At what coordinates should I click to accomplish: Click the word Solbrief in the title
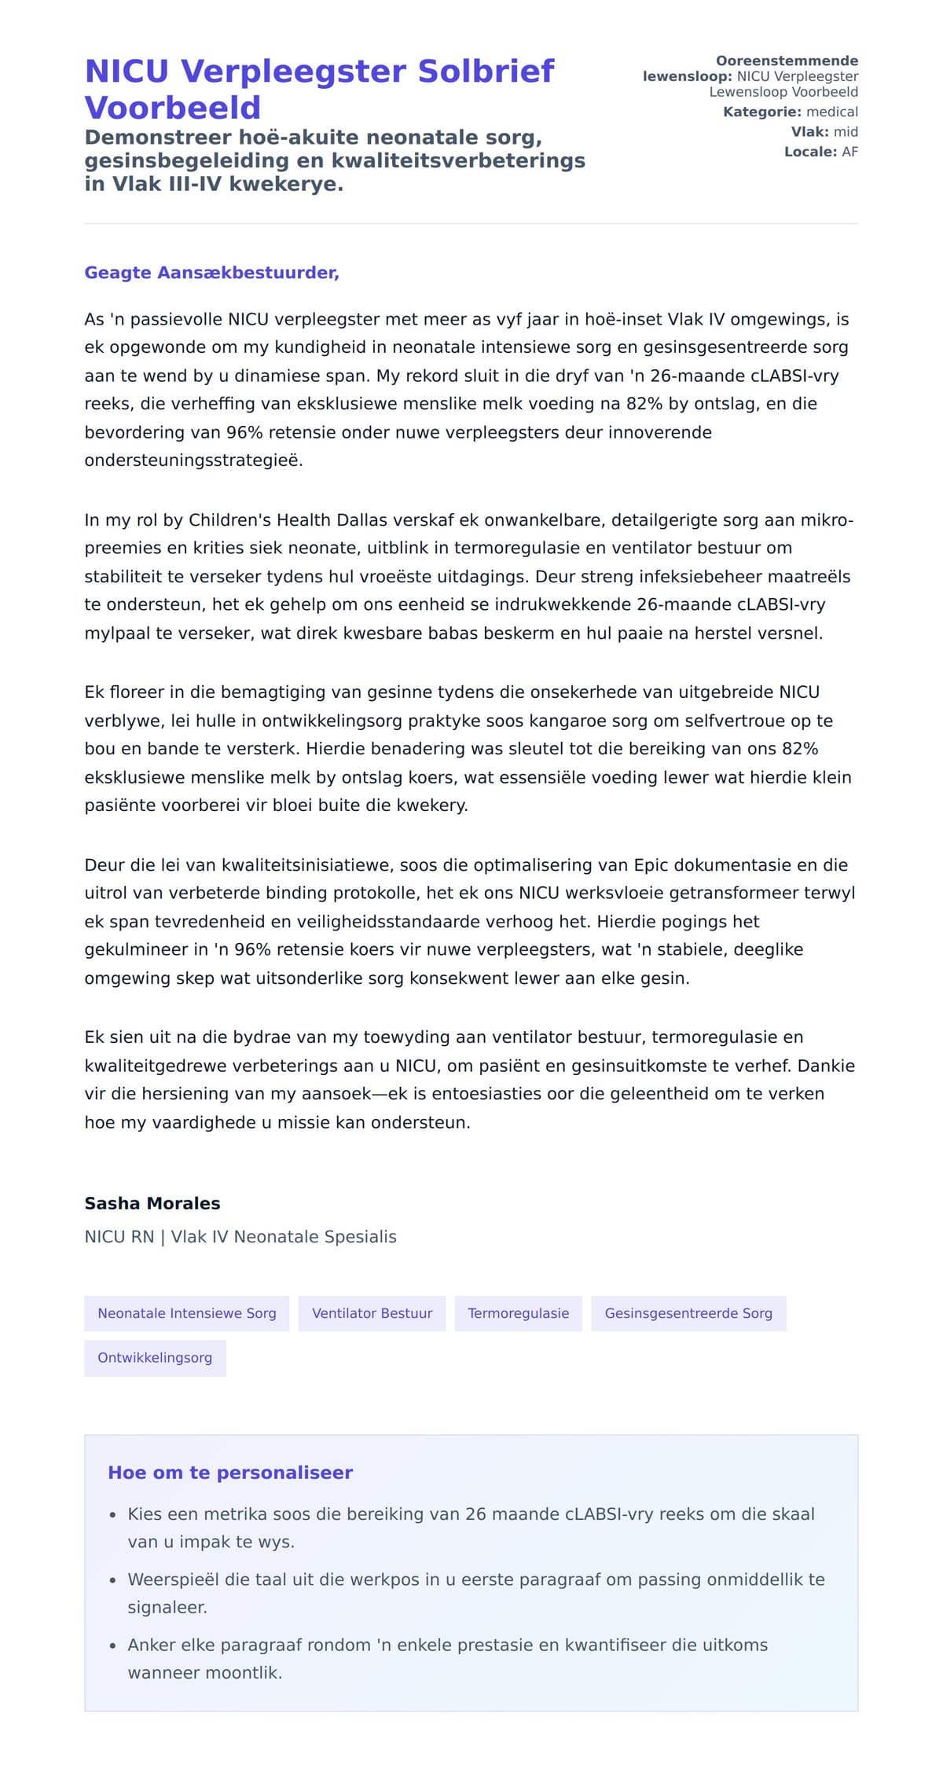[x=486, y=72]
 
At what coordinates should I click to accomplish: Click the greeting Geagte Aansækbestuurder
[x=211, y=273]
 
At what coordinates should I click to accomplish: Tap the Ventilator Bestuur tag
[x=372, y=1313]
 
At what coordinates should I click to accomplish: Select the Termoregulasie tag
[x=518, y=1313]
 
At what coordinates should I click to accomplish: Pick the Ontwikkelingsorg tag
[x=155, y=1357]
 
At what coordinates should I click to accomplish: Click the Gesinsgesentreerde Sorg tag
[x=688, y=1313]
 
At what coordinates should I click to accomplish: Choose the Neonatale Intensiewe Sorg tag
[x=186, y=1313]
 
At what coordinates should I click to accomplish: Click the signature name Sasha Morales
[x=152, y=1203]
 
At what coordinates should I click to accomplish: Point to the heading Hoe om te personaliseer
[x=230, y=1473]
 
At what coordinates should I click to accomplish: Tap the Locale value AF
[x=849, y=152]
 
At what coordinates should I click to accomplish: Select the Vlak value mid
[x=846, y=132]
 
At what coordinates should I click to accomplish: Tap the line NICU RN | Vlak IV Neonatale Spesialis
[x=240, y=1237]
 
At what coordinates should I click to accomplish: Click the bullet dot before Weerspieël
[x=113, y=1580]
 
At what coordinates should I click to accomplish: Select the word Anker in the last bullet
[x=152, y=1645]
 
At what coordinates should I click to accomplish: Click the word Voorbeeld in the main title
[x=172, y=108]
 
